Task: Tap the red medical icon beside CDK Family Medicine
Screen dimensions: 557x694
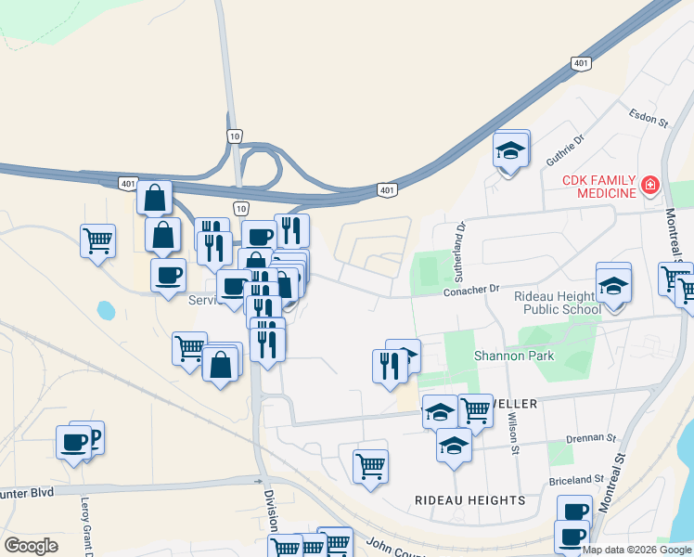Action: coord(650,186)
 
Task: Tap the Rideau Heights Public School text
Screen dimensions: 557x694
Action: coord(556,303)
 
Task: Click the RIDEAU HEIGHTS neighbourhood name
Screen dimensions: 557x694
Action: coord(469,500)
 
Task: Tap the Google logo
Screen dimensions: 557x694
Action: coord(31,545)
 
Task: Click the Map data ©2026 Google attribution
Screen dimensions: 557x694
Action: coord(637,550)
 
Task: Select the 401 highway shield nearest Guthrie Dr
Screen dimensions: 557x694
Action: coord(580,63)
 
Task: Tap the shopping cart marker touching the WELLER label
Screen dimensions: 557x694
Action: coord(475,408)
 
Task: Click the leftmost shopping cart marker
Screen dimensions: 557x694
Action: coord(97,240)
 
